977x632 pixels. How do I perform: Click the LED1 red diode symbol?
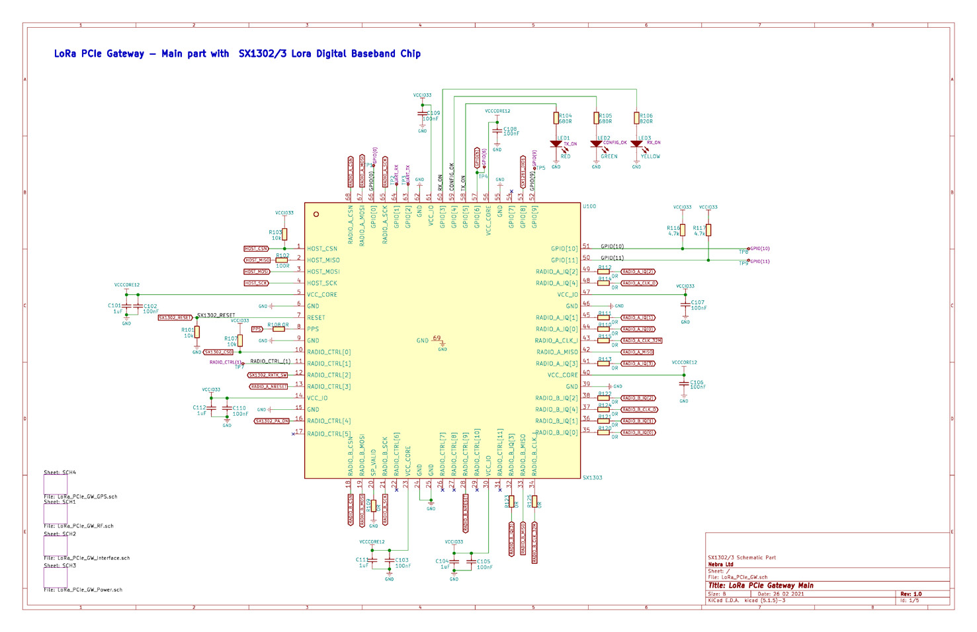[556, 143]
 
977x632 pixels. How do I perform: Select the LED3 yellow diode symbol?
[636, 143]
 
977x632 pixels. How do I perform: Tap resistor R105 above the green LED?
[596, 118]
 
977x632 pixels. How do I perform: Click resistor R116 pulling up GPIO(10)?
[683, 230]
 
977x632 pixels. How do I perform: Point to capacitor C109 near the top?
[423, 114]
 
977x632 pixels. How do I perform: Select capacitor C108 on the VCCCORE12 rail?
[497, 130]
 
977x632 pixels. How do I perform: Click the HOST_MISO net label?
[257, 260]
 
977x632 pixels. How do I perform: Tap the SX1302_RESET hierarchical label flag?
[175, 318]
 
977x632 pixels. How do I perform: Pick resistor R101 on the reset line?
[197, 333]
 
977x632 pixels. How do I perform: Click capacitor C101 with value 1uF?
[126, 307]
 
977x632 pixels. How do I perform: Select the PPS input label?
[257, 329]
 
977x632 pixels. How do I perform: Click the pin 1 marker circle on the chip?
[316, 214]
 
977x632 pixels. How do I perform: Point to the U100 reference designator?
[589, 206]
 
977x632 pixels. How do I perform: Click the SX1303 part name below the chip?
[592, 477]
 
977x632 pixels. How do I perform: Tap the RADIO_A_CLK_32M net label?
[641, 340]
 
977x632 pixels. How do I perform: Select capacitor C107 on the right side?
[685, 304]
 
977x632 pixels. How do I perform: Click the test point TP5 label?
[540, 168]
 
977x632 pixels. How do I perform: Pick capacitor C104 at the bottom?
[454, 563]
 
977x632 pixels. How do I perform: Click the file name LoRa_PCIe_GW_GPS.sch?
[80, 496]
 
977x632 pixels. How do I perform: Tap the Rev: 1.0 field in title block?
[911, 594]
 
